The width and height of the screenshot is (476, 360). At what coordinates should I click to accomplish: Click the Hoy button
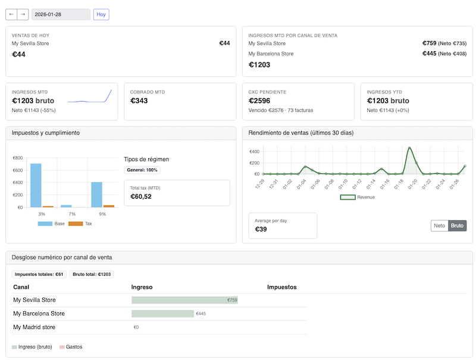[101, 14]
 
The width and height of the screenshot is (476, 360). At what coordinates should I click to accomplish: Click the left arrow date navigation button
[11, 14]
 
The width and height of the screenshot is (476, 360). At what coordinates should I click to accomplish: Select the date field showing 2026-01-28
[61, 14]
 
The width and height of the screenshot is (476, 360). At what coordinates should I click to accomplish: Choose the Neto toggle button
[439, 226]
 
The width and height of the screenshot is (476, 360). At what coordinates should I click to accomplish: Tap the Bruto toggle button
[458, 226]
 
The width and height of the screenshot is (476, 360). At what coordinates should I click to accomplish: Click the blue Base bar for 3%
[36, 185]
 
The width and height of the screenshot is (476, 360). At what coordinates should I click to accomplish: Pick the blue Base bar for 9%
[96, 195]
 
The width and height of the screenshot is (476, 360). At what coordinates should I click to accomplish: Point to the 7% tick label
[72, 214]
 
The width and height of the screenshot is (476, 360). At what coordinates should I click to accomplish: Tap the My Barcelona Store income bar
[162, 314]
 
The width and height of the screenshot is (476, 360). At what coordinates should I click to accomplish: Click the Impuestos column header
[281, 287]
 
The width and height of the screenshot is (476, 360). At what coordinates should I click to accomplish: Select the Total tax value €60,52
[140, 196]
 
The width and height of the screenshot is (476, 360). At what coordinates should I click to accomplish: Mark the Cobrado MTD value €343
[139, 101]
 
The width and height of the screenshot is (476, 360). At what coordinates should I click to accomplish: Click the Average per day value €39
[261, 229]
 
